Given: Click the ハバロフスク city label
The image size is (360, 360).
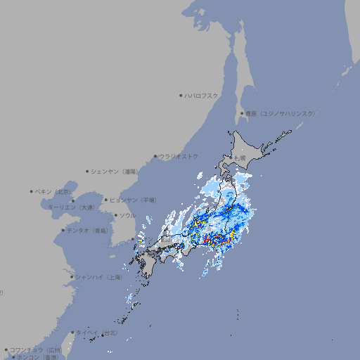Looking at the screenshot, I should (202, 95).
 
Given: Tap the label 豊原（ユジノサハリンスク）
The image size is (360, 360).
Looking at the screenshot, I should (281, 113).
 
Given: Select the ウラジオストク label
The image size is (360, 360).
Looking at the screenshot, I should (179, 156).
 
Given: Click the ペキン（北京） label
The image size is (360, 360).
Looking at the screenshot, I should (54, 191).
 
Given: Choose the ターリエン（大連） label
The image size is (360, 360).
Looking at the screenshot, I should (71, 207).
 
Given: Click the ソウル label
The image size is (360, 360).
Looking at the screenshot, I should (127, 215).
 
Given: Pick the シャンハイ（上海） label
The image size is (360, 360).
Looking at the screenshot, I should (98, 277).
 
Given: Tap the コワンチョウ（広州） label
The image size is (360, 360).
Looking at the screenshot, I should (36, 349).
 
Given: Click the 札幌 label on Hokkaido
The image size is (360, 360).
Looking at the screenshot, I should (240, 158).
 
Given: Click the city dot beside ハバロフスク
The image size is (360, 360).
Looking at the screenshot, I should (181, 95).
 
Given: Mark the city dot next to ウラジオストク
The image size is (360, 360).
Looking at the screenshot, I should (155, 156).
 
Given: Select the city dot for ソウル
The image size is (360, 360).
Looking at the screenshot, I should (115, 215).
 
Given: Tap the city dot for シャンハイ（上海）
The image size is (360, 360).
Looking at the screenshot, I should (72, 277).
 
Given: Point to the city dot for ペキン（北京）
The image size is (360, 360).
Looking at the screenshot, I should (32, 191).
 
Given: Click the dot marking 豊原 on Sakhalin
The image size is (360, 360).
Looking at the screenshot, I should (242, 113).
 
